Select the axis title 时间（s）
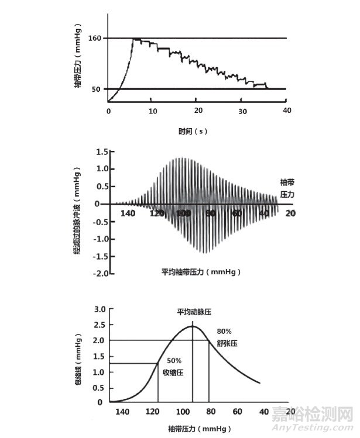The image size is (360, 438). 193,131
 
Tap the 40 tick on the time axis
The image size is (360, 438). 286,111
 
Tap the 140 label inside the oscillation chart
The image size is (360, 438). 128,214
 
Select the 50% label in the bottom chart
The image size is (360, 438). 176,360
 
